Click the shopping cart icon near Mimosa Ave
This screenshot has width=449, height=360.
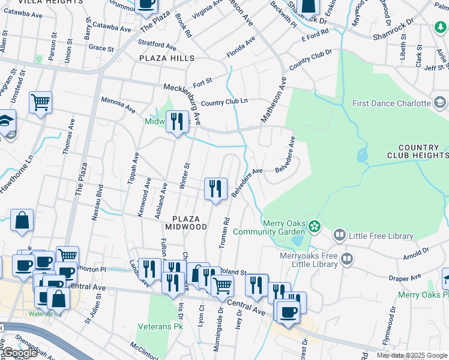40,103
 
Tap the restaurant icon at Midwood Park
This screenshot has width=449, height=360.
176,122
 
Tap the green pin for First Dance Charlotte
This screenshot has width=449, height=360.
440,103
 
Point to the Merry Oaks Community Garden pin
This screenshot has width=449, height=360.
315,227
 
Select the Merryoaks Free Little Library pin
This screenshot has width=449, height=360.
346,259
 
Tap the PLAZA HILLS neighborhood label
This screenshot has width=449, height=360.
167,58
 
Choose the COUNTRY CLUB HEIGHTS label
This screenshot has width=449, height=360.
423,152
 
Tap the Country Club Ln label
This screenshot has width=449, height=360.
224,103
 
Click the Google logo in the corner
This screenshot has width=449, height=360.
19,353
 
